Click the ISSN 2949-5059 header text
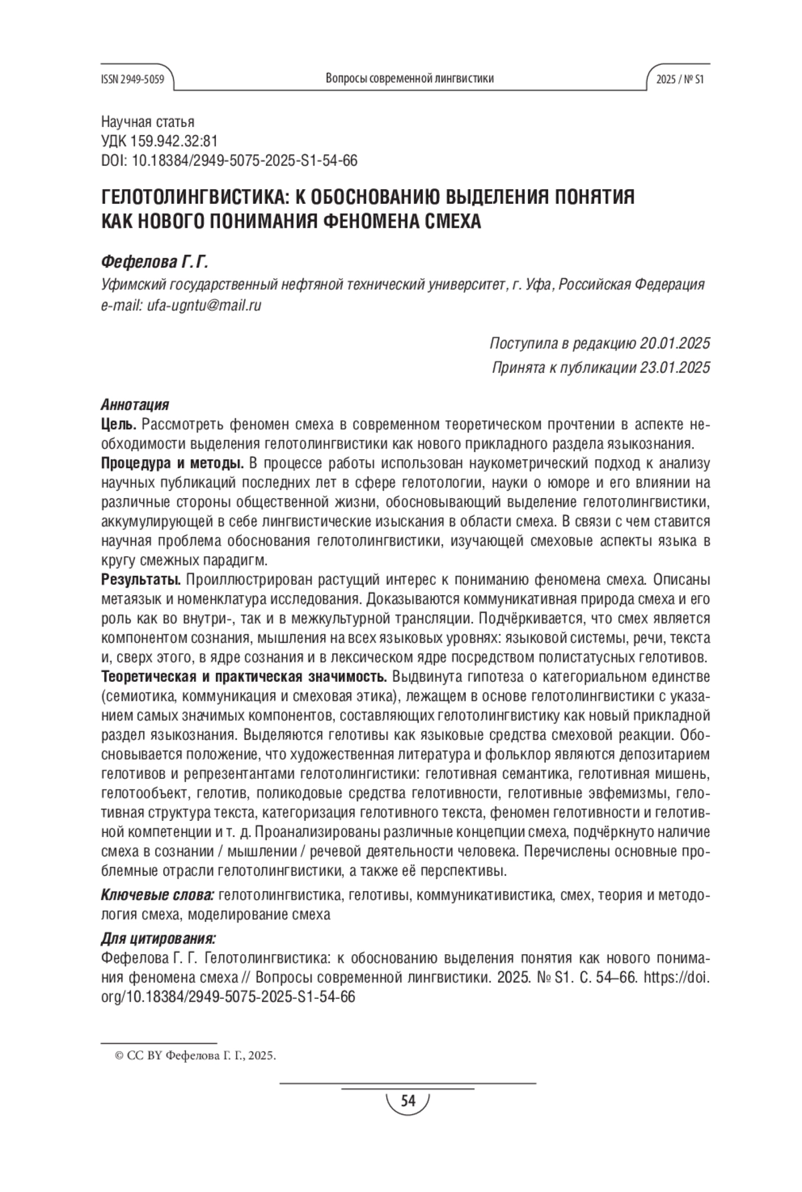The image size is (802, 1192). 132,79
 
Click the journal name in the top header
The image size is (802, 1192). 410,78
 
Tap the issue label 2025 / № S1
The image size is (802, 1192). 680,79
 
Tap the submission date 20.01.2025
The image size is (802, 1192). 674,344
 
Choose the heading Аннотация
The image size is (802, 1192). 134,404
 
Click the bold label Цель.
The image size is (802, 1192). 119,425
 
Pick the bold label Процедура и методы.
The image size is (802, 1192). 172,463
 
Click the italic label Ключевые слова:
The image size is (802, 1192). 157,895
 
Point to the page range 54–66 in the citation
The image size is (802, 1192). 617,977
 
